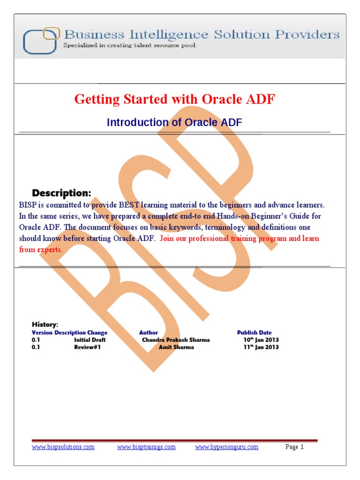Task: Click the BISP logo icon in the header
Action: tap(41, 41)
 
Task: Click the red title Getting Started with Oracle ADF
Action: tap(175, 99)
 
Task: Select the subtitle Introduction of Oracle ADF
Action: tap(174, 123)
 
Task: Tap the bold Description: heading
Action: tap(61, 193)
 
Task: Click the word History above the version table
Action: tap(45, 324)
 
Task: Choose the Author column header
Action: tap(149, 333)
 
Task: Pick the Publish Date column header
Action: tap(254, 333)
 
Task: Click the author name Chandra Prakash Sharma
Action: tap(176, 340)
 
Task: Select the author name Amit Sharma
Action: tap(176, 347)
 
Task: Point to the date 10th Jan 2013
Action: tap(261, 340)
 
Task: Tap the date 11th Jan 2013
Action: tap(261, 347)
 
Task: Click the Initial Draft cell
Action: tap(90, 340)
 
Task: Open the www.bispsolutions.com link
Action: tap(63, 447)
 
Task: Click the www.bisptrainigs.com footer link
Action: tap(146, 447)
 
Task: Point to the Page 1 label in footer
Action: tap(295, 447)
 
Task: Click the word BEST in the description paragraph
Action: tap(135, 205)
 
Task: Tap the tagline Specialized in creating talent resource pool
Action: tap(129, 45)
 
